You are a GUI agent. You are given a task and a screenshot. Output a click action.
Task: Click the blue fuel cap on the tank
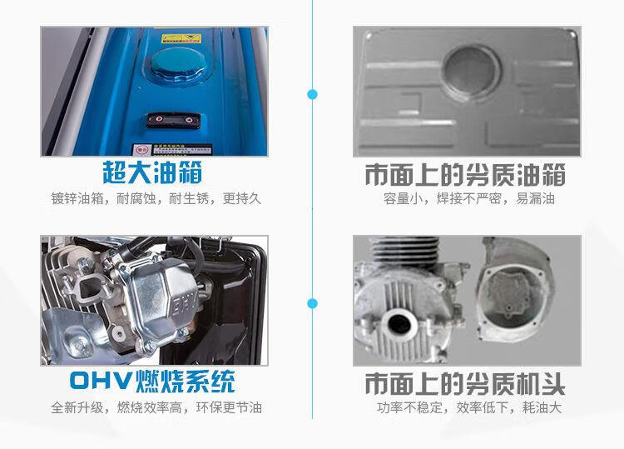(176, 65)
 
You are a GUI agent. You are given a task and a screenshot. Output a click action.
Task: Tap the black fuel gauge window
(174, 119)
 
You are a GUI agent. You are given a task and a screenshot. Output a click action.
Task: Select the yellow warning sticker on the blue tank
(181, 38)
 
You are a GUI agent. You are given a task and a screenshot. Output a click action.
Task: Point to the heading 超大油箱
(152, 173)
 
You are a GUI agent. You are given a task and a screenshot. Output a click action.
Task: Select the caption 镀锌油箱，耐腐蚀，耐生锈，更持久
(156, 198)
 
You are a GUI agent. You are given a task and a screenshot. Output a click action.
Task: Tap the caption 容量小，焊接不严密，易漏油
(468, 198)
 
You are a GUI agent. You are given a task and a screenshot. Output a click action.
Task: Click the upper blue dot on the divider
(312, 94)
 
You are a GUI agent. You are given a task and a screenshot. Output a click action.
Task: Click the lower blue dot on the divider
(312, 303)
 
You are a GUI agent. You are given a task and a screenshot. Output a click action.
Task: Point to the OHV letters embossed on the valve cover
(186, 306)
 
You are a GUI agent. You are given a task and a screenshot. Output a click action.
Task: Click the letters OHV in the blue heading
(101, 381)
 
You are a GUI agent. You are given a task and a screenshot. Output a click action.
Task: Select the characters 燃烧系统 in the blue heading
(185, 382)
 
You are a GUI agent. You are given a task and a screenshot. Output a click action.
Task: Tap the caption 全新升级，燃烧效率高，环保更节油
(156, 407)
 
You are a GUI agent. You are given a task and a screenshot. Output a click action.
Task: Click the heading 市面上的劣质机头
(465, 384)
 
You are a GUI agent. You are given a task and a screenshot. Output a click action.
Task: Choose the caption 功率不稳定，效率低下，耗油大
(468, 407)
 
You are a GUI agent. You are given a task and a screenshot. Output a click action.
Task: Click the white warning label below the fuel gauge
(172, 150)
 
